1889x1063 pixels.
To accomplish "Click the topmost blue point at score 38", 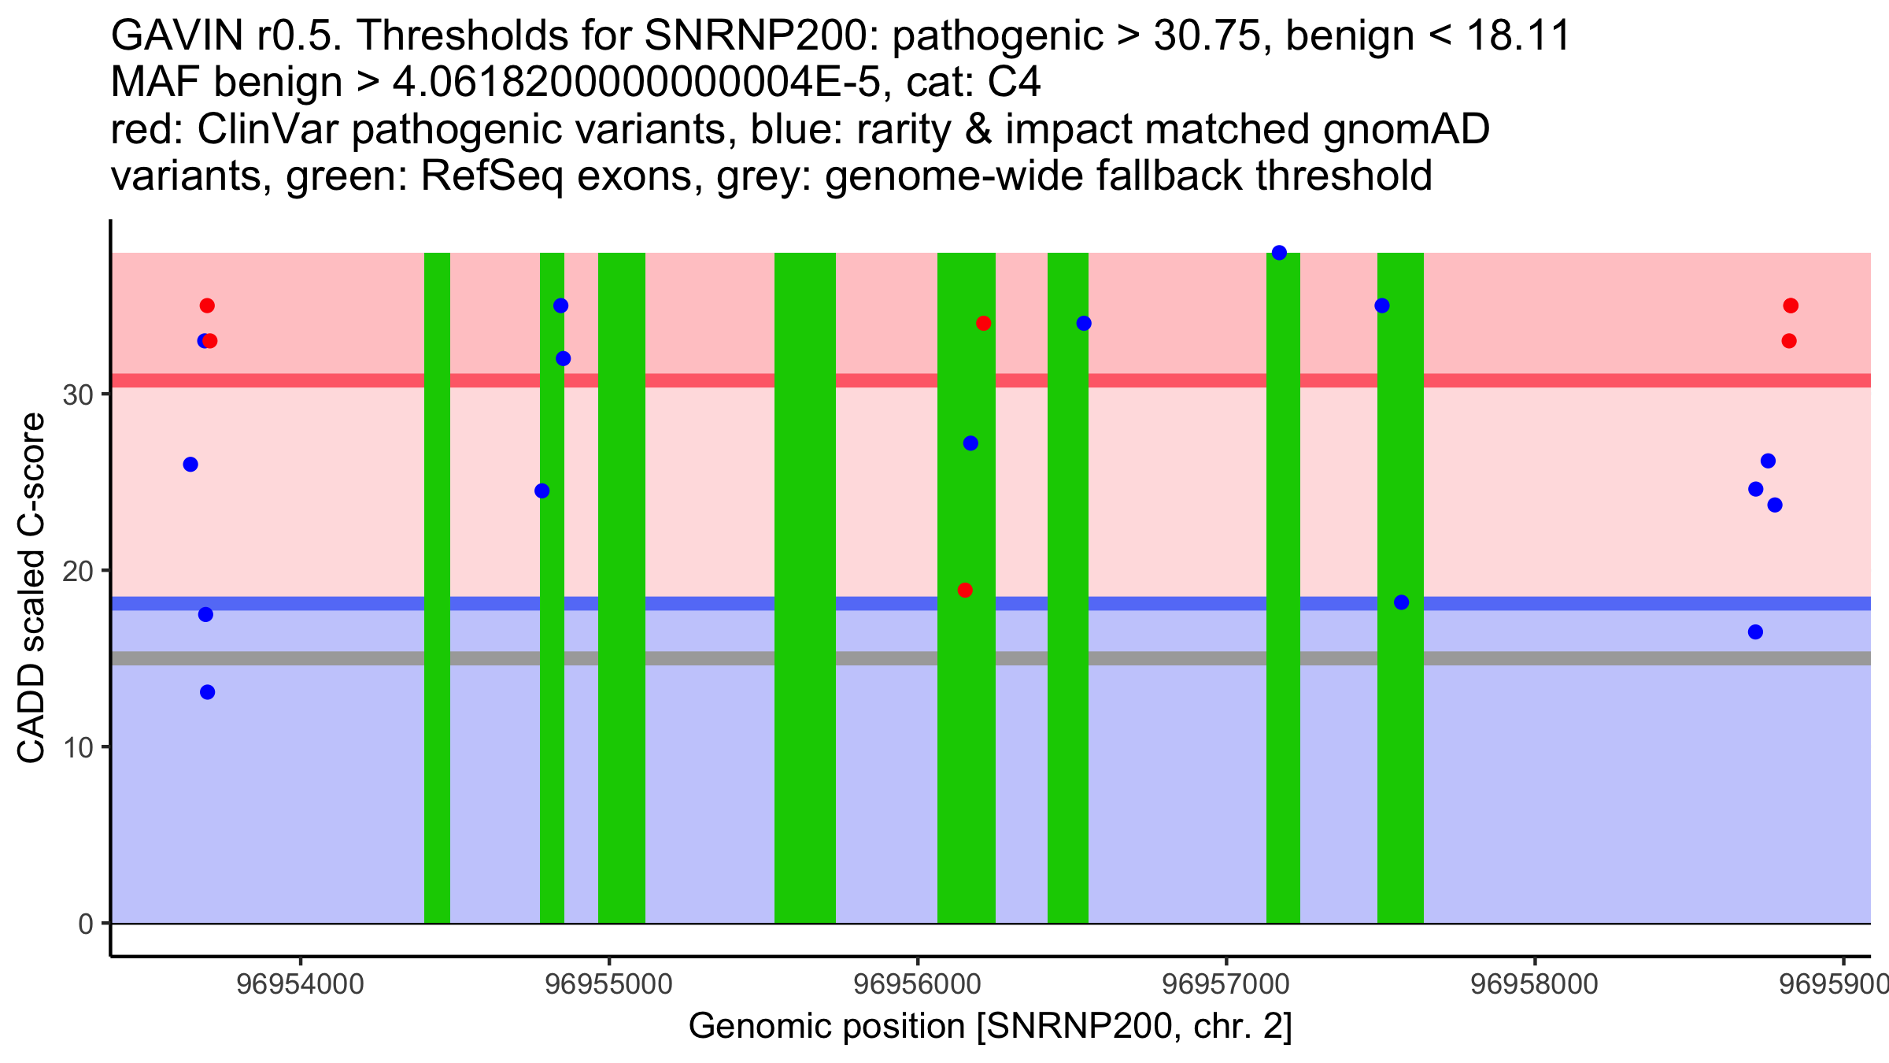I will [x=1279, y=253].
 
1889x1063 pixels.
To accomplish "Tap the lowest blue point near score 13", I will [x=207, y=692].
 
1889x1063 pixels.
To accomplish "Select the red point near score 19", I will [x=965, y=590].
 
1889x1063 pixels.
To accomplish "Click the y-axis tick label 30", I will [x=78, y=394].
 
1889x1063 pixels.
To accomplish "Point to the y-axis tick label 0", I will [x=86, y=924].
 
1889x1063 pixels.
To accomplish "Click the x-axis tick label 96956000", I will [x=917, y=983].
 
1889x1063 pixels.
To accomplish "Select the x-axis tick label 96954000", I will [x=300, y=983].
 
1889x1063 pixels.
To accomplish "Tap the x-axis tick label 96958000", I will [x=1534, y=983].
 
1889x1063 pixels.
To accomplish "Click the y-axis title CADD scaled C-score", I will [x=31, y=588].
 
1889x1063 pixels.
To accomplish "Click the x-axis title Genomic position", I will [x=990, y=1026].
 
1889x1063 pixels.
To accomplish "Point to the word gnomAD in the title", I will [x=1406, y=130].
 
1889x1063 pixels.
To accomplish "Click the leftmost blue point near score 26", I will [x=190, y=465].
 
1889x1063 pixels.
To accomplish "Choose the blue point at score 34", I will [x=1084, y=323].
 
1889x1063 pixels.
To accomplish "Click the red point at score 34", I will [x=983, y=323].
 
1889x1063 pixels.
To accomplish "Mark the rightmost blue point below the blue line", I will [x=1755, y=632].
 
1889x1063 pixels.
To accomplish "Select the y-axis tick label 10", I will [x=78, y=747].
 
